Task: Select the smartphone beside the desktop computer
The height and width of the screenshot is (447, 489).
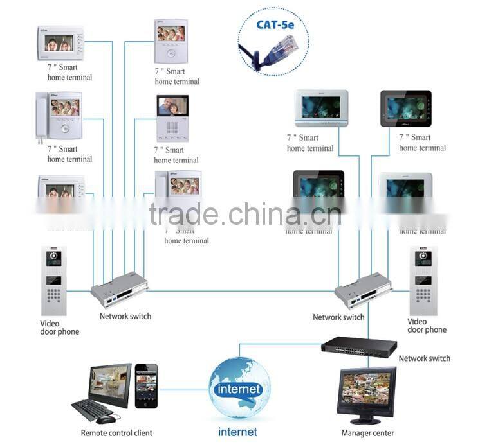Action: [146, 387]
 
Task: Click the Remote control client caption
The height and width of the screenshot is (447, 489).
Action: [116, 433]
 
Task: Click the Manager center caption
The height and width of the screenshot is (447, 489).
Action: [367, 433]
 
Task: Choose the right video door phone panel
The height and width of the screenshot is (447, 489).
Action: [423, 281]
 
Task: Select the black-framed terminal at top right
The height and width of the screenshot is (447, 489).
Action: [406, 108]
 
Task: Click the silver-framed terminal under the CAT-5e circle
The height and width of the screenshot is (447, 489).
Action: [321, 107]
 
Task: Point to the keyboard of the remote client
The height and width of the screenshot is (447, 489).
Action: [91, 409]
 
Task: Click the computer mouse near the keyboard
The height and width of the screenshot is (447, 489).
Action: [106, 419]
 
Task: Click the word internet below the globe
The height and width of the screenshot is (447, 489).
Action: [237, 432]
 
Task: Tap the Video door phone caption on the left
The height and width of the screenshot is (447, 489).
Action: [59, 328]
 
